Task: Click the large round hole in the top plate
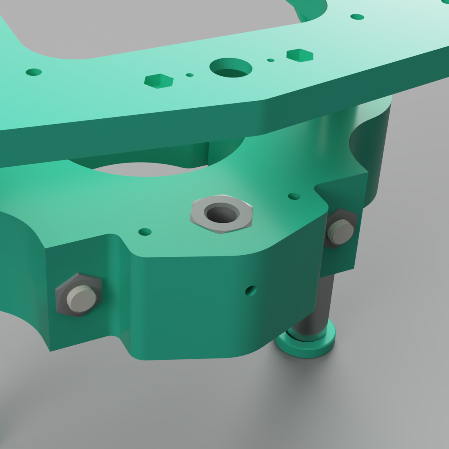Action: tap(231, 68)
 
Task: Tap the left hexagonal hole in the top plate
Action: tap(159, 81)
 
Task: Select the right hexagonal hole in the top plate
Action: tap(300, 55)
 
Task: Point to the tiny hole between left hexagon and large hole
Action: tap(190, 75)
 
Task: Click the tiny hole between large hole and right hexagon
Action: tap(271, 60)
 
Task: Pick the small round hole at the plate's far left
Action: tap(34, 72)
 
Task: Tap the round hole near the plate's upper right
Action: tap(357, 17)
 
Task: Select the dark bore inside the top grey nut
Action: tap(222, 213)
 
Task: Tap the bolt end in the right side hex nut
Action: tap(341, 231)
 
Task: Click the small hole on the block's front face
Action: tap(251, 291)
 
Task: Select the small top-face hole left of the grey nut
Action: tap(145, 232)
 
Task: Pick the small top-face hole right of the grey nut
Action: tap(294, 196)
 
